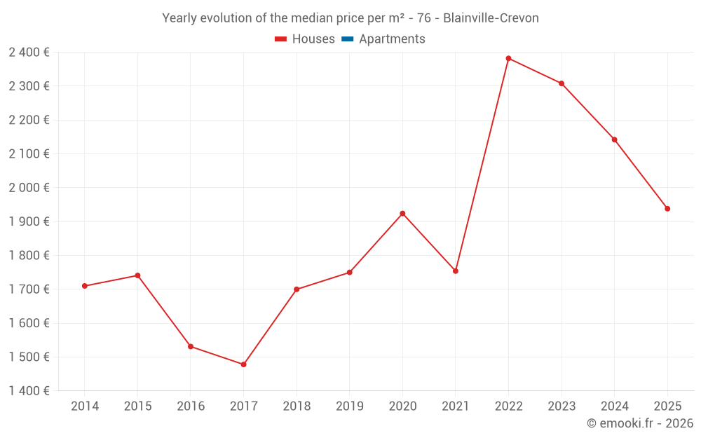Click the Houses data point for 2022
click(x=508, y=58)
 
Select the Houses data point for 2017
click(x=243, y=364)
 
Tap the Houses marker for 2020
click(x=402, y=214)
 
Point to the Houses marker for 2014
click(x=85, y=286)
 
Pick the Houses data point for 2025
click(x=667, y=209)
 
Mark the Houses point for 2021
click(x=456, y=271)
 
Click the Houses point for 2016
click(x=191, y=346)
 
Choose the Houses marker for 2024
click(x=614, y=139)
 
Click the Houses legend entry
click(x=305, y=39)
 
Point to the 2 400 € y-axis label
click(x=29, y=52)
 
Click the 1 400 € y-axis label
click(x=29, y=391)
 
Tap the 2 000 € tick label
click(x=29, y=188)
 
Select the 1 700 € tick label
click(x=29, y=289)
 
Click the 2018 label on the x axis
click(x=297, y=406)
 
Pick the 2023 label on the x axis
click(x=562, y=406)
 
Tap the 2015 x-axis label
click(x=137, y=406)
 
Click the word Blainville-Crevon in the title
click(x=491, y=18)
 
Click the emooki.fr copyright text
click(x=640, y=423)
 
